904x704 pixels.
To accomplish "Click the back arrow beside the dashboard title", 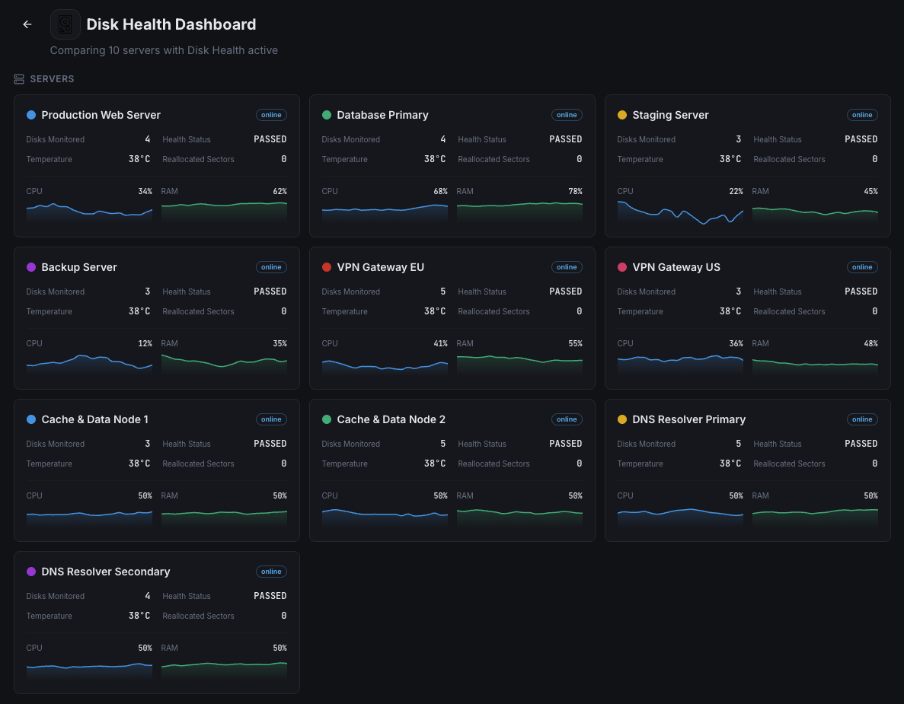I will (x=27, y=24).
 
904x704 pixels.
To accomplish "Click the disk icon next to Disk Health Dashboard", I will (x=65, y=24).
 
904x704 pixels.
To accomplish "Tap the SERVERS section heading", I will (x=52, y=79).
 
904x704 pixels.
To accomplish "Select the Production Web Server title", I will (x=101, y=115).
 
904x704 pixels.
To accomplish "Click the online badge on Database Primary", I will (x=567, y=115).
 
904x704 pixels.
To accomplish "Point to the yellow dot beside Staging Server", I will (x=622, y=115).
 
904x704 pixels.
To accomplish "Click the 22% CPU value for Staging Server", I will (x=736, y=191).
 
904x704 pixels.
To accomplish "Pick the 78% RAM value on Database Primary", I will (x=575, y=191).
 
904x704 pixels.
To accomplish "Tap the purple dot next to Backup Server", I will (x=31, y=267).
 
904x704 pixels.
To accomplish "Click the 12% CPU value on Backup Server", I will (x=145, y=343).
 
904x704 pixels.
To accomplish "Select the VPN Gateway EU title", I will (x=380, y=267).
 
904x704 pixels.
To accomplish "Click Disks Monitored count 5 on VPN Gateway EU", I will (x=443, y=291).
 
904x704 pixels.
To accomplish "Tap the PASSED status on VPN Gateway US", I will (x=861, y=291).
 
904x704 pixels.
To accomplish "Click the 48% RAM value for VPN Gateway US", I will (x=870, y=343).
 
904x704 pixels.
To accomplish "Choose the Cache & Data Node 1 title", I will (x=94, y=419).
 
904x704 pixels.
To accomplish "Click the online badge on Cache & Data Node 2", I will (x=567, y=419).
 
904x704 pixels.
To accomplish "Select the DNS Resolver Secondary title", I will (x=105, y=572).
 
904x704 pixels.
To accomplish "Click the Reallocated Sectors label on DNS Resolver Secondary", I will (x=198, y=616).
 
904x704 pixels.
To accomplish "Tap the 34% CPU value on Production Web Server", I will (x=145, y=191).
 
